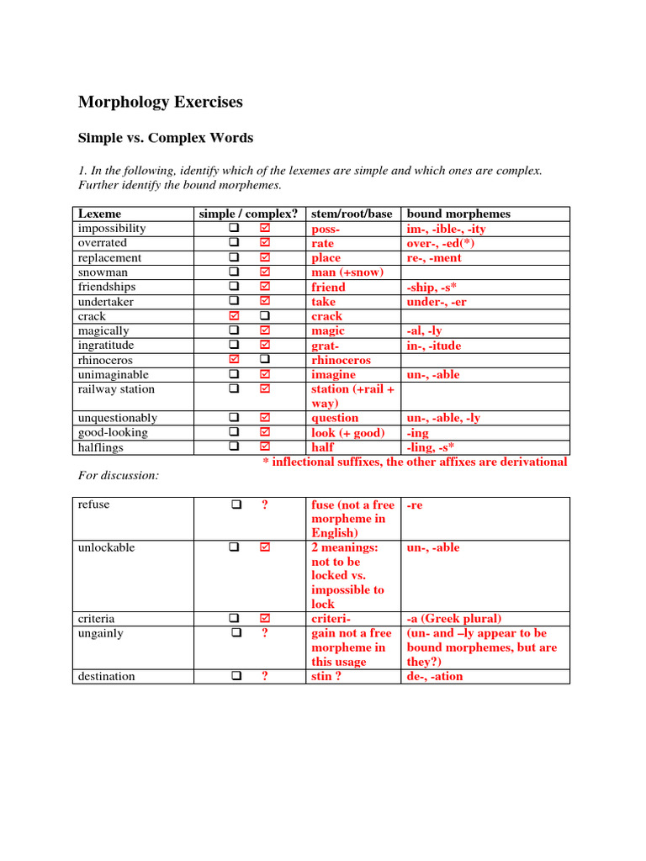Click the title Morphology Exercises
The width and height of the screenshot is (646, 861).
tap(160, 103)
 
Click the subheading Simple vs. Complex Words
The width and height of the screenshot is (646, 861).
tap(165, 138)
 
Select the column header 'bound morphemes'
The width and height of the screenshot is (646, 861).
tap(458, 214)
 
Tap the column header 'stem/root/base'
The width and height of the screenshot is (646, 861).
tap(352, 214)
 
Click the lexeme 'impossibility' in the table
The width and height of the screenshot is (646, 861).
tap(112, 229)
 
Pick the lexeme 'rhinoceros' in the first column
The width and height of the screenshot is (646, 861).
tap(106, 360)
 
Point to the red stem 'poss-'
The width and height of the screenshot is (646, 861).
tap(326, 229)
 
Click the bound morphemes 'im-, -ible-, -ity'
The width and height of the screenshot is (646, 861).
tap(446, 229)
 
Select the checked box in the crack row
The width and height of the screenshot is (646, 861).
tap(235, 316)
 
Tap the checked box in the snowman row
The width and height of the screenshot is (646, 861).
tap(265, 272)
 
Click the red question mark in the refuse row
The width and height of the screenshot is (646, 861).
tap(265, 504)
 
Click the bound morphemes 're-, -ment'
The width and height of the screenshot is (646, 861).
tap(434, 258)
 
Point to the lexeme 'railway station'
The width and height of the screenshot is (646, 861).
tap(116, 389)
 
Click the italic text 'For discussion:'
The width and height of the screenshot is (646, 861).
tap(119, 476)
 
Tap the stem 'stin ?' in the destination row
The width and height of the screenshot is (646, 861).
tap(326, 676)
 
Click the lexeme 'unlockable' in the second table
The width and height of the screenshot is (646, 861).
tap(106, 548)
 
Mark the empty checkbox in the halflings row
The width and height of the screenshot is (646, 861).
tap(235, 447)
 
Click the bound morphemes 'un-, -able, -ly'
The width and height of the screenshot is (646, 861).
tap(443, 418)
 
